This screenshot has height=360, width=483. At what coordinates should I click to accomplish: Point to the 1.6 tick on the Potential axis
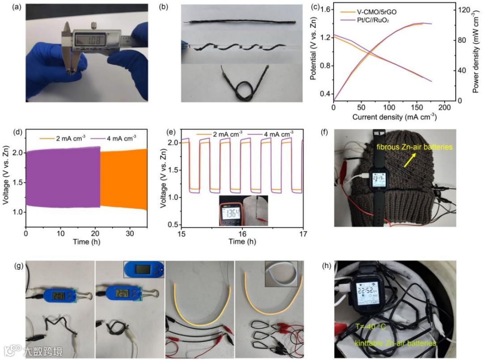pos(326,9)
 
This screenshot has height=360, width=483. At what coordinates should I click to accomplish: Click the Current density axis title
pos(394,117)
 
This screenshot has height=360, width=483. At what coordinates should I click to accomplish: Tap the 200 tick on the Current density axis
pos(444,108)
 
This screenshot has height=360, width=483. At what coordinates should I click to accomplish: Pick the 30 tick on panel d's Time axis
pos(129,233)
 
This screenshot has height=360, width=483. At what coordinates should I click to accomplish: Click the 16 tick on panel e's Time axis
pos(242,233)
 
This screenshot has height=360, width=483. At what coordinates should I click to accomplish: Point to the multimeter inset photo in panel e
pos(243,210)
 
